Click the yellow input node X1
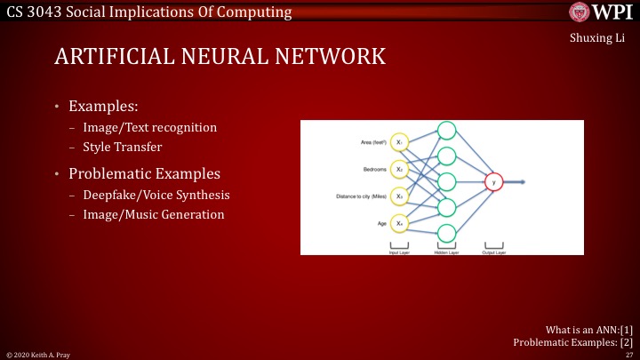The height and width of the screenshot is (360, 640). [x=400, y=142]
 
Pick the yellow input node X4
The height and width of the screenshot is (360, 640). [x=400, y=223]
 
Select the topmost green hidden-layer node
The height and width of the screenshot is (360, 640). [x=446, y=131]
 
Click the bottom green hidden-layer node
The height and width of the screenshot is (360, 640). [x=446, y=233]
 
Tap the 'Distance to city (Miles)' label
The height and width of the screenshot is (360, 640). [x=362, y=196]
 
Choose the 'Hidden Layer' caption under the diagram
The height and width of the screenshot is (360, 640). [x=446, y=252]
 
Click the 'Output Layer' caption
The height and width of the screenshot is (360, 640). [x=493, y=252]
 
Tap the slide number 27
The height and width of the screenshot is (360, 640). [x=628, y=354]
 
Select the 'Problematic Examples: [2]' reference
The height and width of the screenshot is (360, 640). [x=573, y=341]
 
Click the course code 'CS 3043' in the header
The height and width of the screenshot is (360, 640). [x=33, y=12]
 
